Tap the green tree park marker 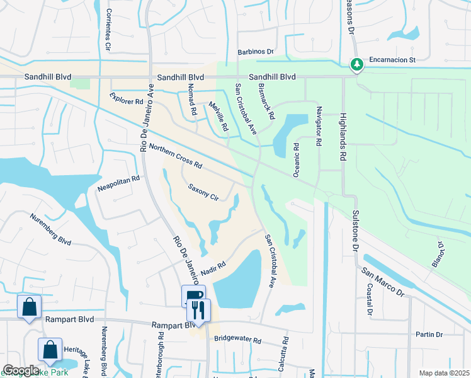click(356, 64)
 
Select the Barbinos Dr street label click(256, 52)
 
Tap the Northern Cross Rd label click(176, 156)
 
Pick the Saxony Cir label click(203, 192)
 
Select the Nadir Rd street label click(213, 268)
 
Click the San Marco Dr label click(382, 280)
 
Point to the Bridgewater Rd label click(237, 339)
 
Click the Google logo click(21, 370)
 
